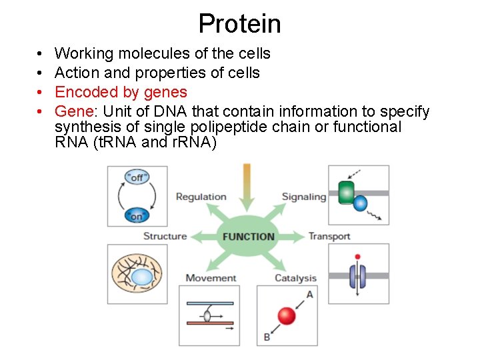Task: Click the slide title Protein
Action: [x=240, y=24]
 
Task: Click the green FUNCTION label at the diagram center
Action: [x=249, y=237]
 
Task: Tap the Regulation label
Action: [x=201, y=197]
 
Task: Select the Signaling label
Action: [x=304, y=197]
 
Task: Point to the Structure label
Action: [x=165, y=236]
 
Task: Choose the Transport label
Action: [x=329, y=236]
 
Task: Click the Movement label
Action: [x=211, y=278]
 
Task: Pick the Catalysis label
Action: [x=295, y=278]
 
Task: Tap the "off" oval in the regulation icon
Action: [x=137, y=177]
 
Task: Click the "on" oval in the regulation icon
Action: [x=137, y=215]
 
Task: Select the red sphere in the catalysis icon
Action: [x=287, y=315]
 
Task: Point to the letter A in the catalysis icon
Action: [x=309, y=295]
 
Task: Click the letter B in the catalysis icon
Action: [x=267, y=337]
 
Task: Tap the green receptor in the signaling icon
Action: [x=347, y=192]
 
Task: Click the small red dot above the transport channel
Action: [x=358, y=257]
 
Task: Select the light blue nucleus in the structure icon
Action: [x=141, y=277]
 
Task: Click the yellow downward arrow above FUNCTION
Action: [x=247, y=183]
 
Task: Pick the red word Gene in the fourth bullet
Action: [x=72, y=111]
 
